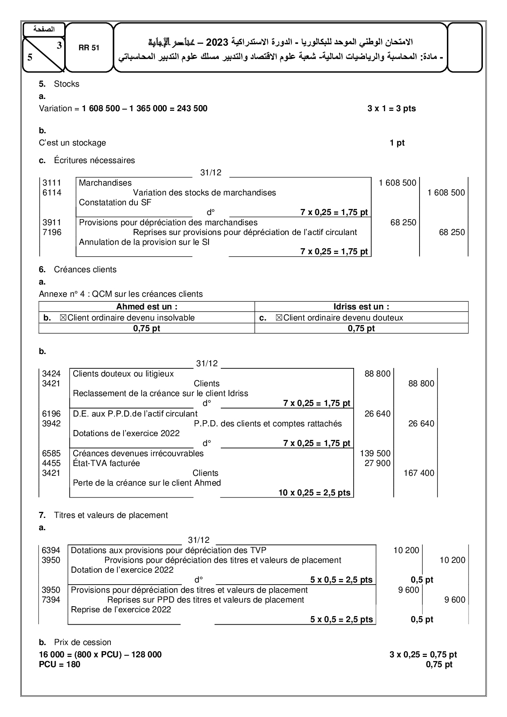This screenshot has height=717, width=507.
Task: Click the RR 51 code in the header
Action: coord(89,47)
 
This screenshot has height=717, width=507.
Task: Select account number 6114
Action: coord(52,193)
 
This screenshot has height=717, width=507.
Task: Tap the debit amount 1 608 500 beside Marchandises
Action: coord(397,183)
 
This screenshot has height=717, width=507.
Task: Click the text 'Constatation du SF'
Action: coord(115,202)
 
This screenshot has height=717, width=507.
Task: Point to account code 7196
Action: coord(52,232)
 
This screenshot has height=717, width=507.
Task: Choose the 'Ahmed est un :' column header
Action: coord(147,307)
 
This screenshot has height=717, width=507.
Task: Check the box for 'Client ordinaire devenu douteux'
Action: coord(279,318)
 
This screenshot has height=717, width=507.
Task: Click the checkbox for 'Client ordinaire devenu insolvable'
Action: coord(63,318)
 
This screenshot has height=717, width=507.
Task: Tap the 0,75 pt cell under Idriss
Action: coord(361,328)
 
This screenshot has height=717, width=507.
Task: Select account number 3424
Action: coord(51,374)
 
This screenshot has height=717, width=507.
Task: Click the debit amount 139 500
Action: coord(375,453)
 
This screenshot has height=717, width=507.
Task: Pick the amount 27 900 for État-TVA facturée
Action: coord(377,463)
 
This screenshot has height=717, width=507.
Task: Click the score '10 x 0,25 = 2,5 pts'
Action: coord(314,493)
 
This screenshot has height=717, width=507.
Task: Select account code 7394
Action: coord(51,600)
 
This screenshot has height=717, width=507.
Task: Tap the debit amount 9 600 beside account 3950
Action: coord(408,590)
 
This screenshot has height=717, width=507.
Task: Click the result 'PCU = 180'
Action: coord(60,664)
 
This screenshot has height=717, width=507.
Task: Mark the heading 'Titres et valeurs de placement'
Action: coord(111,515)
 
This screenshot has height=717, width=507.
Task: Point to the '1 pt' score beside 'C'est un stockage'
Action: coord(397,143)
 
